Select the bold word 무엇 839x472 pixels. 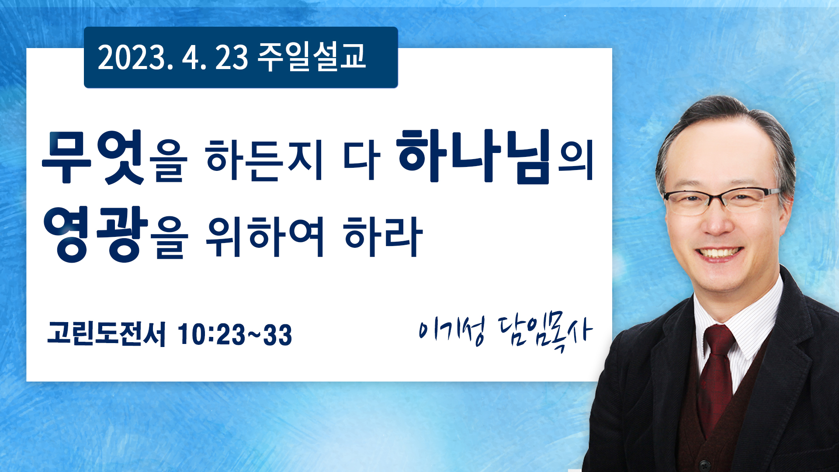coord(93,156)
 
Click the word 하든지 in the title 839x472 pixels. coord(265,160)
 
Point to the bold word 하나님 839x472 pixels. coord(475,156)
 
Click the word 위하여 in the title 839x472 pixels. coord(265,236)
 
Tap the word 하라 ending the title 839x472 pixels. coord(383,236)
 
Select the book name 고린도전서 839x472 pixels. coord(107,334)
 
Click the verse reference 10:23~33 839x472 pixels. coord(235,335)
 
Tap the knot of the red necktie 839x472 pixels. coord(719,341)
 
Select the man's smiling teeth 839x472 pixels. coord(719,253)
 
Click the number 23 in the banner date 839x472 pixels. coord(232,58)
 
